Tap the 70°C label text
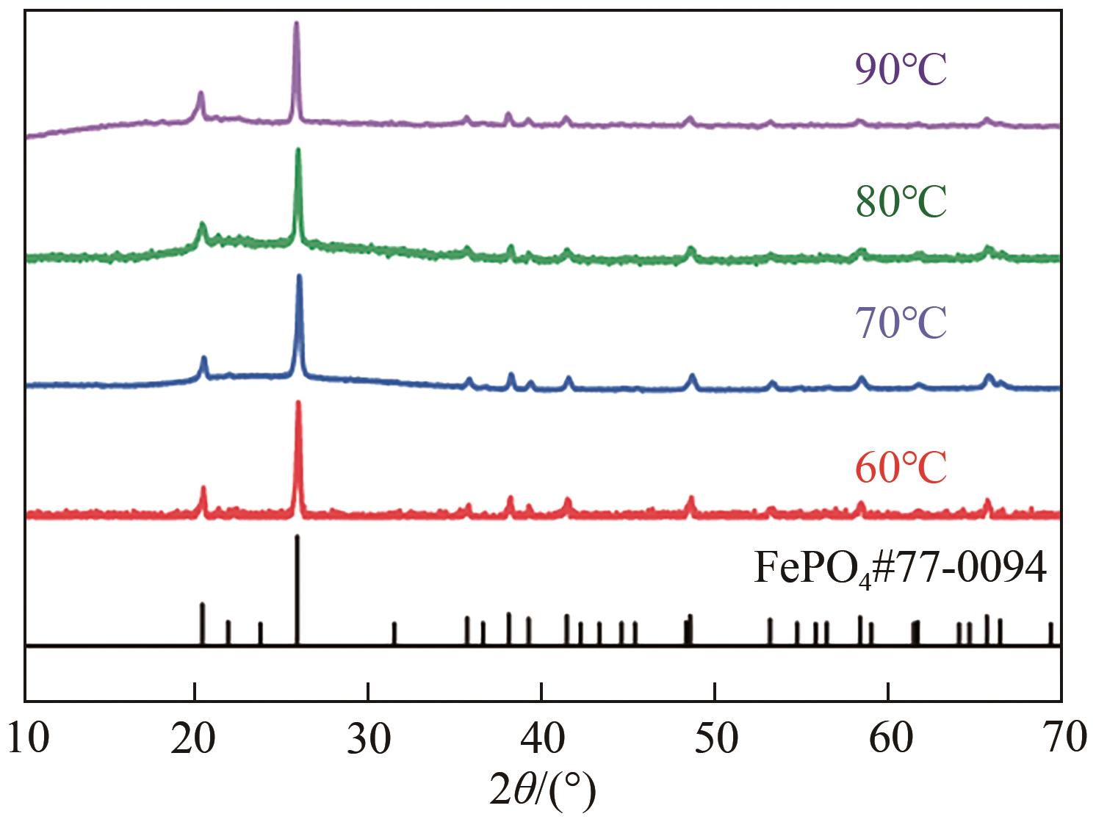tap(901, 324)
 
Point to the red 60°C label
tap(901, 468)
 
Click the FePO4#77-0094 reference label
tap(900, 570)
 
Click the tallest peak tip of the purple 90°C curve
tap(296, 24)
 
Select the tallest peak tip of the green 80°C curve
tap(298, 150)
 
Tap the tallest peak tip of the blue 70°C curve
tap(299, 276)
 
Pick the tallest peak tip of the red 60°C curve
tap(298, 403)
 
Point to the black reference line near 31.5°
tap(394, 633)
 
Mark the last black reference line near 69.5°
tap(1050, 633)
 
